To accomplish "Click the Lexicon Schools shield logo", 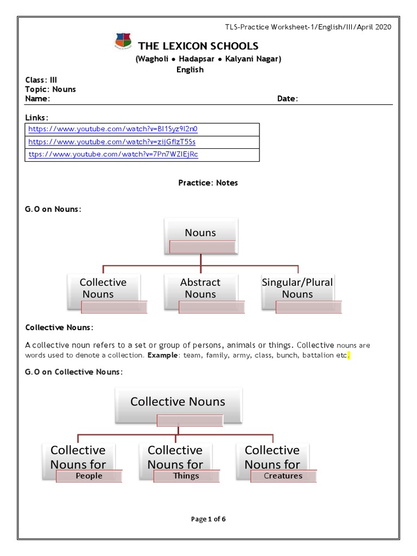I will [123, 41].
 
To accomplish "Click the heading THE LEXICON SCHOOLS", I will [198, 46].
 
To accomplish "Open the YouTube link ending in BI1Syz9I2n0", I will [113, 129].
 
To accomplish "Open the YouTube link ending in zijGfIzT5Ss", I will [112, 142].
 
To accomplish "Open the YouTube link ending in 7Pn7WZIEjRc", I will [113, 155].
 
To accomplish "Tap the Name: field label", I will [37, 99].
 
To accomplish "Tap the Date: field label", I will [287, 99].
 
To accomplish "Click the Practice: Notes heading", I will [208, 183].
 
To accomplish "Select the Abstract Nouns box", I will [200, 288].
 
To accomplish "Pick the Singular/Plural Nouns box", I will [297, 288].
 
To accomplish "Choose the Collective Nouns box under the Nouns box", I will [103, 288].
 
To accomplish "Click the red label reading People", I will [89, 476].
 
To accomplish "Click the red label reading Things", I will [186, 476].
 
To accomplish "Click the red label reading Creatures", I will [283, 476].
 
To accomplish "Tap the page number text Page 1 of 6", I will [208, 519].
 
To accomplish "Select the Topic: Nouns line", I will [50, 89].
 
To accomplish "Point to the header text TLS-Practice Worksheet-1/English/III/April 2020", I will [308, 27].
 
